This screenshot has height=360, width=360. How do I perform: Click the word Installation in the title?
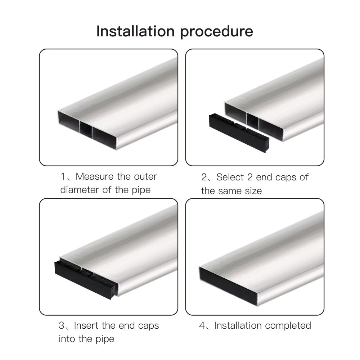pyautogui.click(x=135, y=31)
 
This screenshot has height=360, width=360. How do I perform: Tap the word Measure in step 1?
pyautogui.click(x=95, y=176)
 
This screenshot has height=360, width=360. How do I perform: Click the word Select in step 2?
pyautogui.click(x=230, y=177)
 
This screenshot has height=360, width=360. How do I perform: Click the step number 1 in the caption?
pyautogui.click(x=63, y=176)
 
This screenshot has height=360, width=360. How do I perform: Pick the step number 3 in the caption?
pyautogui.click(x=62, y=325)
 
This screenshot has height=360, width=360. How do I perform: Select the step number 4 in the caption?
pyautogui.click(x=202, y=325)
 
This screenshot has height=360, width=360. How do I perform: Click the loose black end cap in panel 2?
pyautogui.click(x=239, y=133)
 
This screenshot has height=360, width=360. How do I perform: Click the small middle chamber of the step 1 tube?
pyautogui.click(x=86, y=130)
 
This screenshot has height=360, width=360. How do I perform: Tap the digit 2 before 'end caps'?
pyautogui.click(x=250, y=177)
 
